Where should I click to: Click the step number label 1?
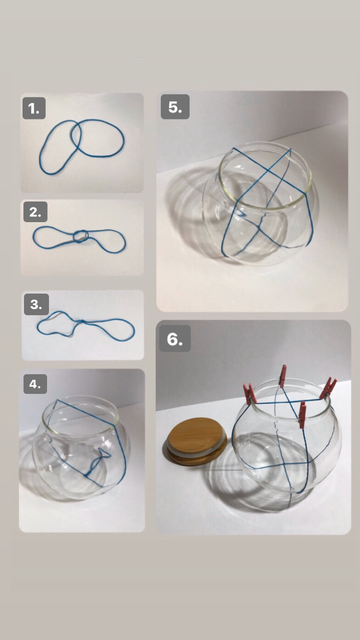[x=34, y=108]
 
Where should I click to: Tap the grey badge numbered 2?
[x=35, y=212]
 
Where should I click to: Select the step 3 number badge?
[x=36, y=304]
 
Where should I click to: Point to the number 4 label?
[x=35, y=384]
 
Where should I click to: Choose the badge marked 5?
[x=175, y=107]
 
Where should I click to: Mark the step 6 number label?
[x=175, y=339]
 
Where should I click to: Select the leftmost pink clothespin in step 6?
[x=250, y=394]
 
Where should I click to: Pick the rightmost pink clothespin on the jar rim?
[x=328, y=388]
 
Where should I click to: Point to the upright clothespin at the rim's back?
[x=283, y=376]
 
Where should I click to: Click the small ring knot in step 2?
[x=80, y=237]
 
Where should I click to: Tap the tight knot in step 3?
[x=81, y=322]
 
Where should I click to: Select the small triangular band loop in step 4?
[x=103, y=453]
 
